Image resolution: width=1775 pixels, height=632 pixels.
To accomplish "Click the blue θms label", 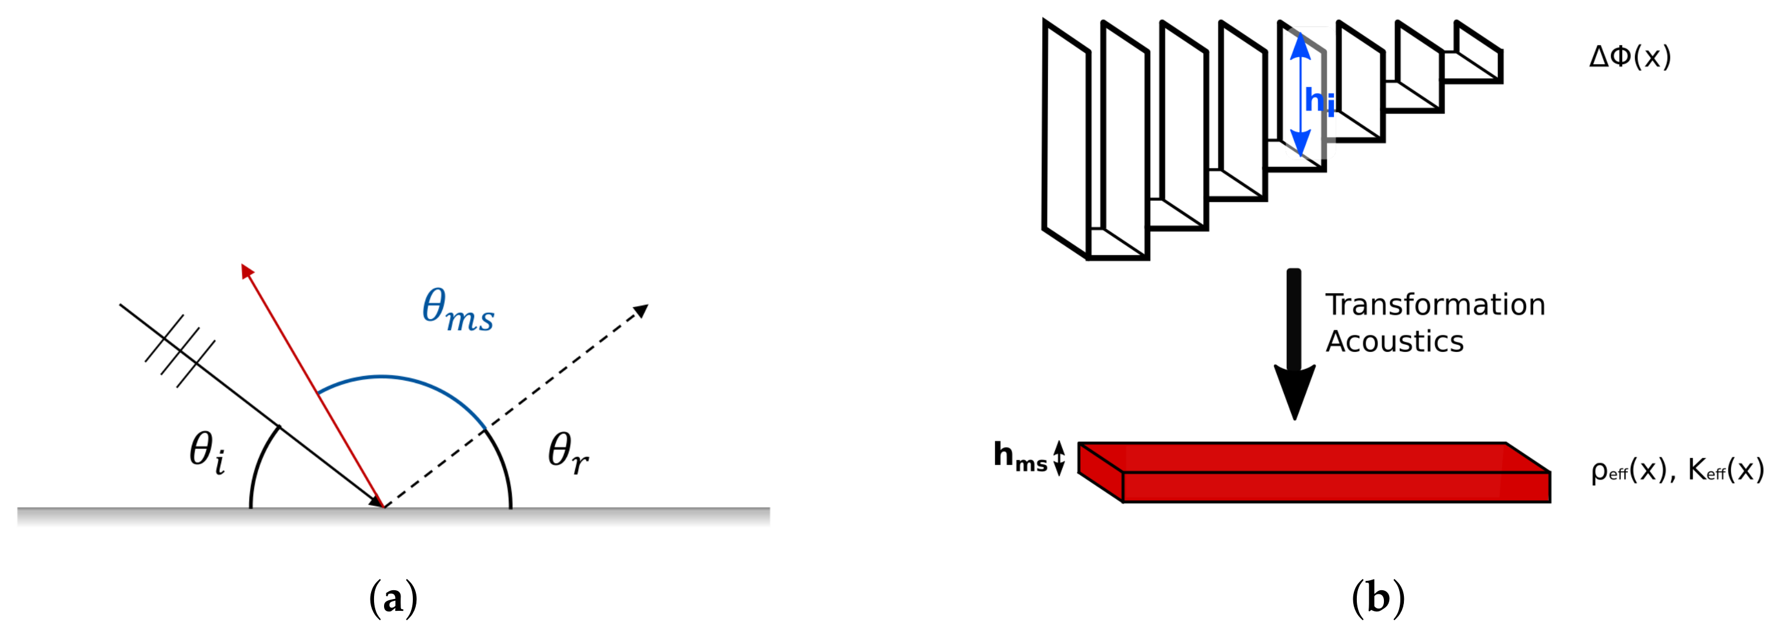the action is pos(458,310).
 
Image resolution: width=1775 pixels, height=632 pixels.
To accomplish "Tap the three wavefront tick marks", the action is pos(180,351).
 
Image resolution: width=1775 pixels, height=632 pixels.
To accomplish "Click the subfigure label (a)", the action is pos(393,598).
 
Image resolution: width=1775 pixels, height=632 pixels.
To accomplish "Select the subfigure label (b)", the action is pos(1378,598).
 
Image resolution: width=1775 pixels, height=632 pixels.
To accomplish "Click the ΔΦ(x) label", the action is pos(1630,56).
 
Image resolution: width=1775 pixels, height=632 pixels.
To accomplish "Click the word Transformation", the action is pos(1435,305).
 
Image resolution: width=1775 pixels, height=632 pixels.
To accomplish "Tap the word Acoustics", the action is pos(1394,342).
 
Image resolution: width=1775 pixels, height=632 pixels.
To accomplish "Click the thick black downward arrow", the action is pos(1294,343).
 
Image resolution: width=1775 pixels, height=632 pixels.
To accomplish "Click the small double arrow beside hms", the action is pos(1059,458).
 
